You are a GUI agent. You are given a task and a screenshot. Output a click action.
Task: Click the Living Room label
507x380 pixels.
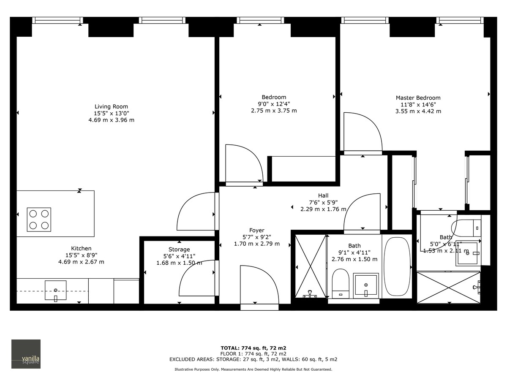(x=111, y=107)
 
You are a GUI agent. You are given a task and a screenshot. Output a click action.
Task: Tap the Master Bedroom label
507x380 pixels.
(x=418, y=98)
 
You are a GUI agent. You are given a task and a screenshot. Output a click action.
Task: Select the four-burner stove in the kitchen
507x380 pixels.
(x=39, y=220)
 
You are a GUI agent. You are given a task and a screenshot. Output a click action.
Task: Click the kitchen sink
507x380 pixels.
(x=56, y=290)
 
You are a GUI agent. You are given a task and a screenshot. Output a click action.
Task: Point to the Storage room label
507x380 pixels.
(x=179, y=250)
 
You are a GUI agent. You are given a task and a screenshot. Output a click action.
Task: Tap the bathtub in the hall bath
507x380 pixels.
(x=397, y=267)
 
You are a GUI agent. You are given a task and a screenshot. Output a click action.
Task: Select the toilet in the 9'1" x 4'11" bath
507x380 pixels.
(x=340, y=284)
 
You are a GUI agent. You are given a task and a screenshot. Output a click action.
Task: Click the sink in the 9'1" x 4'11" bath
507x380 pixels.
(x=366, y=285)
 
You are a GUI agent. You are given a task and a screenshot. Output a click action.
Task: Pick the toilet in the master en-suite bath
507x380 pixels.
(x=466, y=228)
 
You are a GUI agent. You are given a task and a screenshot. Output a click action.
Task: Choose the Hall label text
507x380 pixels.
(x=323, y=195)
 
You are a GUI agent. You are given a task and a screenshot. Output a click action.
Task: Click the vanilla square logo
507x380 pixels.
(x=26, y=354)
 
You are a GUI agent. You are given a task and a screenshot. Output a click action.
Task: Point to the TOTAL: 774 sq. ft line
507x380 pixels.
(x=253, y=348)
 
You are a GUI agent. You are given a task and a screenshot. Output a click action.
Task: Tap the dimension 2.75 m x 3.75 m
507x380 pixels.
(x=274, y=111)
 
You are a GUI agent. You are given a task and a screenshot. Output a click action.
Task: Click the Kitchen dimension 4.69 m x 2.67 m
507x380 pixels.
(x=81, y=262)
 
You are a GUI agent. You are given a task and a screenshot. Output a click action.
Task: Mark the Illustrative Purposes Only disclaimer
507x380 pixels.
(x=253, y=369)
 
